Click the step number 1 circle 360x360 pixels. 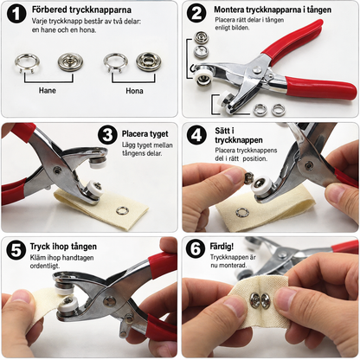point(16,14)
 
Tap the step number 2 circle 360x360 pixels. point(196,13)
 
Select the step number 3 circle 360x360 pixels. point(107,134)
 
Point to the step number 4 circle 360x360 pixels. point(196,134)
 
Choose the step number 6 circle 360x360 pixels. point(196,248)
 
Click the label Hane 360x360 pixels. point(48,90)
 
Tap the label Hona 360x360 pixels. point(134,91)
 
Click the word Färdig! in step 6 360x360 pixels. point(222,247)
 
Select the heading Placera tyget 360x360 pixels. point(145,134)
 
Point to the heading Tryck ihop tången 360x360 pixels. point(63,247)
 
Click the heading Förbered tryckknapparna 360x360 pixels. point(81,10)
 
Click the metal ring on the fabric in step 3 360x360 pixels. point(121,210)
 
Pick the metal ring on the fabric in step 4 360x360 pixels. point(242,213)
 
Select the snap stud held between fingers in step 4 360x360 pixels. point(249,178)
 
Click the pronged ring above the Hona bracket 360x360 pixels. point(114,63)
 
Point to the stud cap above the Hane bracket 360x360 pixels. point(71,62)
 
